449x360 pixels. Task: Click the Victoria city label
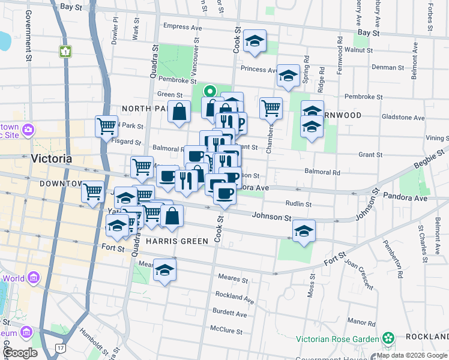[x=51, y=159]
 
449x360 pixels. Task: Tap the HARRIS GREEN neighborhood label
[x=176, y=241]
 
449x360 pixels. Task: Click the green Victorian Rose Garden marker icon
[x=388, y=338]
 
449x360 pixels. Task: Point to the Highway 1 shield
[x=64, y=52]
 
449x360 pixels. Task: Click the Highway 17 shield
[x=60, y=347]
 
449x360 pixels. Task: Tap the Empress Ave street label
[x=182, y=27]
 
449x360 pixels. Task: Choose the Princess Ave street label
[x=258, y=70]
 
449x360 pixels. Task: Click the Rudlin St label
[x=298, y=204]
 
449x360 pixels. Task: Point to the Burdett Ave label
[x=230, y=314]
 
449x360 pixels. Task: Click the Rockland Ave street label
[x=234, y=297]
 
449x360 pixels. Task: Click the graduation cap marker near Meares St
[x=164, y=269]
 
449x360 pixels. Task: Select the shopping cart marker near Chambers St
[x=271, y=108]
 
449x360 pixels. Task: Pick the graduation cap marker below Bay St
[x=255, y=41]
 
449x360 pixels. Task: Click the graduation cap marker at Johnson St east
[x=304, y=230]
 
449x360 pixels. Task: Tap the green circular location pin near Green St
[x=209, y=92]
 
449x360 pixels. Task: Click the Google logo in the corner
[x=20, y=353]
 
